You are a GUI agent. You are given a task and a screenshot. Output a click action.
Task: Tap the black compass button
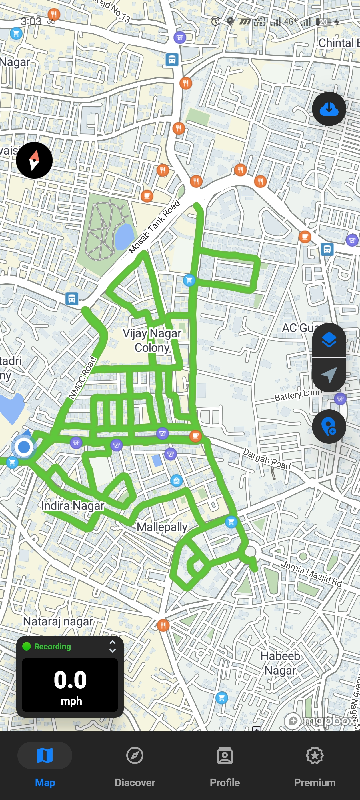click(34, 160)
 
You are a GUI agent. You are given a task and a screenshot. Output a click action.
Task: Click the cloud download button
click(329, 109)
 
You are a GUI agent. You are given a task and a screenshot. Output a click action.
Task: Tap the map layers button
click(329, 340)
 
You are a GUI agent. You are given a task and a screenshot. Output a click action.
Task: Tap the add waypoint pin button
click(329, 426)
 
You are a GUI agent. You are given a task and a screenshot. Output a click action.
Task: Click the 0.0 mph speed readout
click(70, 685)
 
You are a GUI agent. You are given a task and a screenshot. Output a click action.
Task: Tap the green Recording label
click(52, 647)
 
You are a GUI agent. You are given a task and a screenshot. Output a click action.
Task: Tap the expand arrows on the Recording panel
click(113, 646)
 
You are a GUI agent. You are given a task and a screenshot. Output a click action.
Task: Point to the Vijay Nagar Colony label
click(152, 340)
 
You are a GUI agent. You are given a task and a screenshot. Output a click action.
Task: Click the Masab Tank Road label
click(154, 226)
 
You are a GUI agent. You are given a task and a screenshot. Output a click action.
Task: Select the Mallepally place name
click(162, 527)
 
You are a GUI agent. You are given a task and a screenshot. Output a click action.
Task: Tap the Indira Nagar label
click(73, 506)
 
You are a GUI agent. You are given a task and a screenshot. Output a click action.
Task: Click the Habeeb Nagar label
click(280, 663)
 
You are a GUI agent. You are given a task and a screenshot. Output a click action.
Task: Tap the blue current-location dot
click(24, 447)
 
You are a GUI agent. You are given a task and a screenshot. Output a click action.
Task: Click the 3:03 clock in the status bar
click(31, 21)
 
